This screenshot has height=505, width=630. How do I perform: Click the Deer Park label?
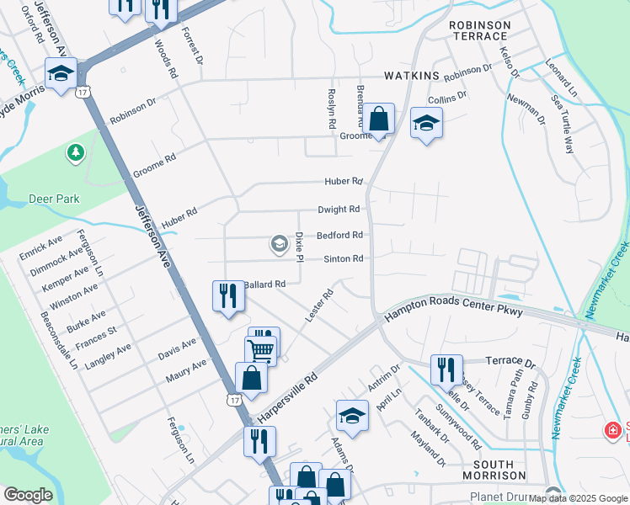[56, 199]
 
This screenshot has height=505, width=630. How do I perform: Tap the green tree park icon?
[76, 152]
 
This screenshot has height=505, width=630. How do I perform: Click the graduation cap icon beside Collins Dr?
[426, 124]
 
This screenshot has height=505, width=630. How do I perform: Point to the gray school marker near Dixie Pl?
[278, 244]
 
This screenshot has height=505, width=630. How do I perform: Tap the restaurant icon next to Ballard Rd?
[227, 295]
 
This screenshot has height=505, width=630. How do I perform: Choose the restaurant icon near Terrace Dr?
[446, 369]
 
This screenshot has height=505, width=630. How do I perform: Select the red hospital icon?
[613, 431]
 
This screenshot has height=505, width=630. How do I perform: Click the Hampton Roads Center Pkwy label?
[454, 313]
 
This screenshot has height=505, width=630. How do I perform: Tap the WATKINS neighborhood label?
[412, 76]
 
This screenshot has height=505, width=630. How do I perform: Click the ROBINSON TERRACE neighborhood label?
[479, 31]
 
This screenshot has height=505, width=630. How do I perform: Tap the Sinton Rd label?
[339, 258]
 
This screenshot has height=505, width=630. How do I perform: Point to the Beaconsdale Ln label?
[58, 341]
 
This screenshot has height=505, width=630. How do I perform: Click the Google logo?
[28, 495]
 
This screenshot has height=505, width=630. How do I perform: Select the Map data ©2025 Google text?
[578, 498]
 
